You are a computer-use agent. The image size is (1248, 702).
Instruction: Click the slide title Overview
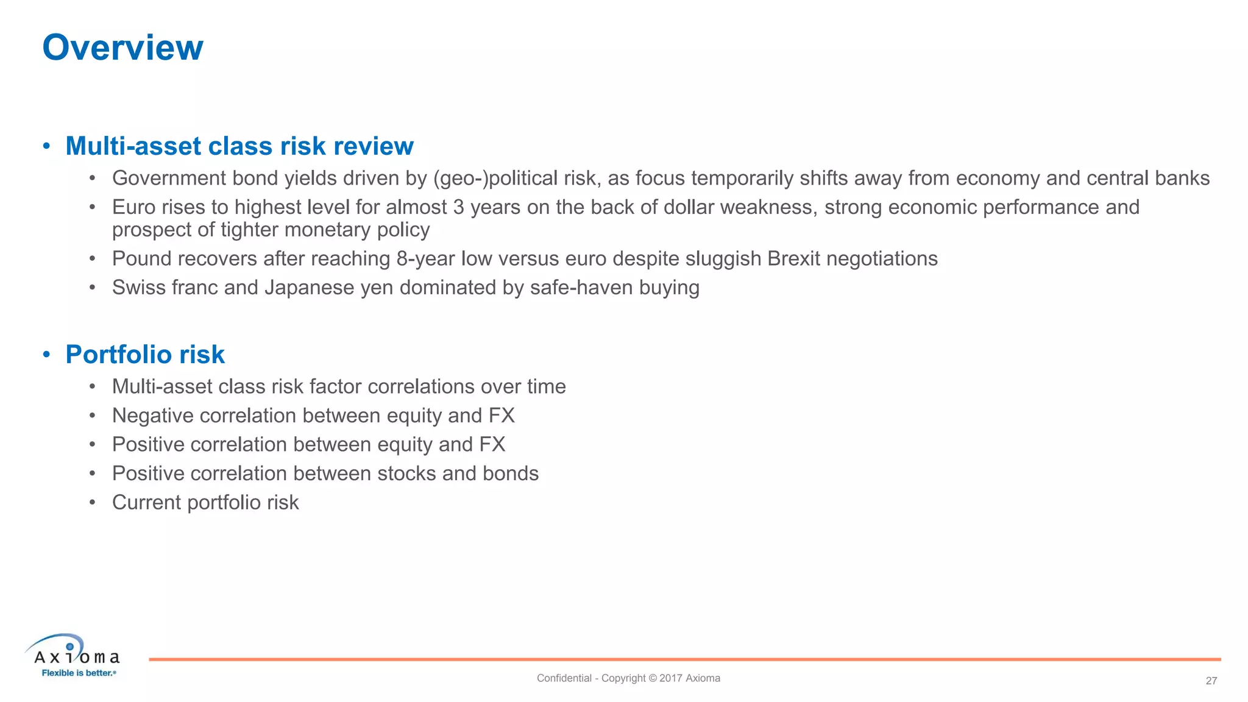[122, 48]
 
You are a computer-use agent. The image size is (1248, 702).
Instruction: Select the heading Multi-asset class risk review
[239, 146]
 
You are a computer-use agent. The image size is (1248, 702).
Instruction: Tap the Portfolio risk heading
[145, 355]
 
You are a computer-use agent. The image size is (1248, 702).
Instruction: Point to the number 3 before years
[458, 207]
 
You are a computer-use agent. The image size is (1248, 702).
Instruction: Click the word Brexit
[794, 259]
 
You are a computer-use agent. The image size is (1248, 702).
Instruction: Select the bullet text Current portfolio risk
[205, 503]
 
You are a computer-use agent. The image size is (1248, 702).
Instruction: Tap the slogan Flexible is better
[78, 673]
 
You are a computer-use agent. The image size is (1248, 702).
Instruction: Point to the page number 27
[1211, 681]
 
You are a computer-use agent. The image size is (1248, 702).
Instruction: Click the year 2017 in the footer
[670, 678]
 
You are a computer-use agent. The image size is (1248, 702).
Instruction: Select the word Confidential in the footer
[564, 678]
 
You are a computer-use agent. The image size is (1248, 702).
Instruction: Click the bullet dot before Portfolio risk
[46, 355]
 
